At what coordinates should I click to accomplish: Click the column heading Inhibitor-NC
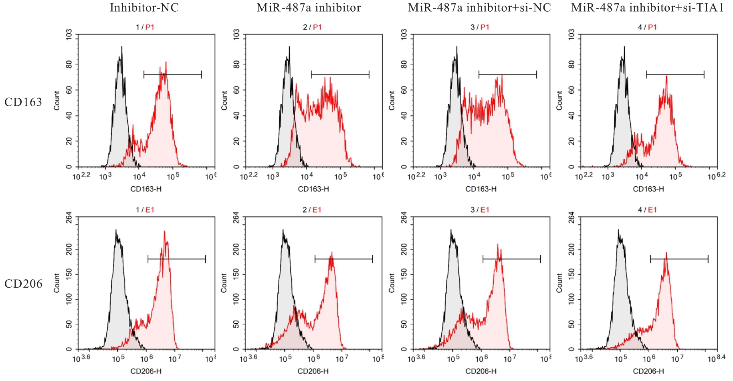click(x=144, y=8)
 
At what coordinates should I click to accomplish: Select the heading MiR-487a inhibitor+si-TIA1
click(x=647, y=8)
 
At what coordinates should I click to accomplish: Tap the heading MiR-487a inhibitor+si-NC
click(x=479, y=8)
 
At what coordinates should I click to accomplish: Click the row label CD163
click(x=23, y=102)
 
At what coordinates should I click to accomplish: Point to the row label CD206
click(x=23, y=284)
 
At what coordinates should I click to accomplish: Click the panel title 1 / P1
click(x=145, y=27)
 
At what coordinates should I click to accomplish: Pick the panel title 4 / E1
click(x=648, y=210)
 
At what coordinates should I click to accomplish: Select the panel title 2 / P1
click(x=313, y=27)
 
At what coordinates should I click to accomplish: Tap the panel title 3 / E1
click(x=480, y=210)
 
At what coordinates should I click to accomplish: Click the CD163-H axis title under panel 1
click(x=146, y=189)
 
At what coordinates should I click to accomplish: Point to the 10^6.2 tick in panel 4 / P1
click(x=716, y=176)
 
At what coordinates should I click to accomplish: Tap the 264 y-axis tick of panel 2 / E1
click(x=236, y=218)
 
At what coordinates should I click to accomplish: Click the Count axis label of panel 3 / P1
click(x=392, y=100)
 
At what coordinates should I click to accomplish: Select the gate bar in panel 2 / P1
click(x=340, y=74)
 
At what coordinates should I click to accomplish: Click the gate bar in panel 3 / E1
click(x=511, y=259)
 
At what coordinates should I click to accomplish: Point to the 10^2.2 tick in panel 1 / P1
click(x=81, y=176)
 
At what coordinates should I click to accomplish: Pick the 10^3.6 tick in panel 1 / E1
click(x=81, y=359)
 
